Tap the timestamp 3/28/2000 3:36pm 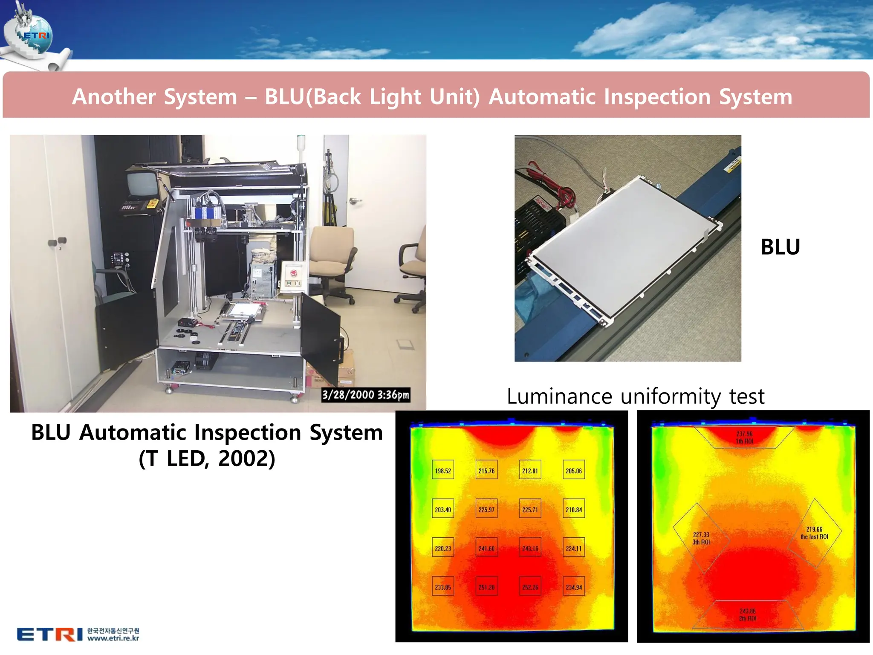366,395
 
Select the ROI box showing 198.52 443,470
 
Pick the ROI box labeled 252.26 530,587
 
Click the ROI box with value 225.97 486,509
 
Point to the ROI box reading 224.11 573,548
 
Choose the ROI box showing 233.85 443,587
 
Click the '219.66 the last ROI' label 814,533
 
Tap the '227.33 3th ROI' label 701,538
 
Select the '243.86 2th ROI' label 747,615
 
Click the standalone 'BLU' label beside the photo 780,247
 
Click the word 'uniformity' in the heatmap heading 670,396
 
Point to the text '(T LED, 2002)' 207,458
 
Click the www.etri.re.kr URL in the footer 113,638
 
